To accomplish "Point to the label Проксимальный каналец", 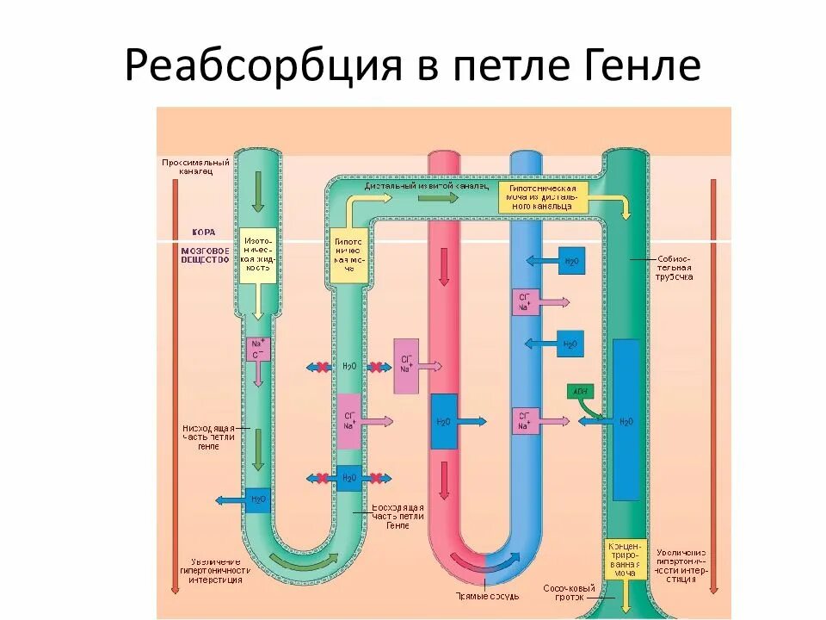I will pos(195,166).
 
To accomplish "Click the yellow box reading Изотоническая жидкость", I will pos(258,255).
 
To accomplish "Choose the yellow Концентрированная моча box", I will pos(626,559).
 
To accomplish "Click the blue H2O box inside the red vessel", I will pos(444,421).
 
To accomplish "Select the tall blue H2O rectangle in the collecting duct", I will pos(626,420).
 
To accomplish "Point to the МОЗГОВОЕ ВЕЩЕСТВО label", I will pos(205,253).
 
